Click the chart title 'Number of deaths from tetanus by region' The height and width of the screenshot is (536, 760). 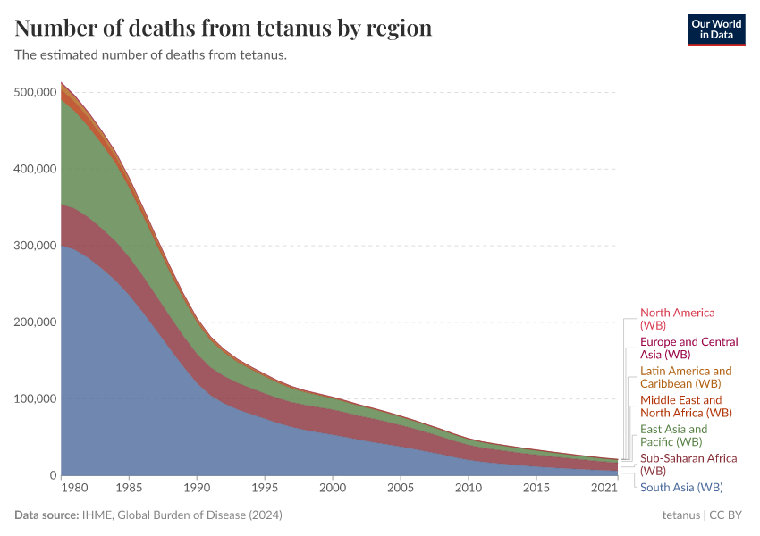(x=224, y=29)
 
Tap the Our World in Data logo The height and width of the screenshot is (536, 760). (x=715, y=29)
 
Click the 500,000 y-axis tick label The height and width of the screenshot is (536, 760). (x=36, y=92)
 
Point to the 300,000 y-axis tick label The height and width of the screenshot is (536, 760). (x=36, y=246)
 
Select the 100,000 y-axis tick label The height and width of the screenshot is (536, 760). (x=36, y=398)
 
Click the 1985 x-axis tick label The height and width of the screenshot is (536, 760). (x=129, y=489)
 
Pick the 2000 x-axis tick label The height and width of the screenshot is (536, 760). (x=332, y=489)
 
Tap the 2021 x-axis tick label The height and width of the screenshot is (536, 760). (x=605, y=489)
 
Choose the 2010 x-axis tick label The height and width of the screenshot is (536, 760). (x=468, y=489)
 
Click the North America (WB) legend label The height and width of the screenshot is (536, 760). (x=677, y=319)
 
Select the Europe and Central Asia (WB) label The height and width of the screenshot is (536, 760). (x=688, y=348)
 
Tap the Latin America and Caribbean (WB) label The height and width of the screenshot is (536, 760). (x=685, y=377)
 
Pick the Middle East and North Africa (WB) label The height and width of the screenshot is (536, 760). (x=685, y=406)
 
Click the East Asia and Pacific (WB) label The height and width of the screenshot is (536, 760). (x=673, y=435)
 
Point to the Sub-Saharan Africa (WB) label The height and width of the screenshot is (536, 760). (x=688, y=465)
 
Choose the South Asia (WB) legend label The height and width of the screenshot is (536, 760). (x=681, y=487)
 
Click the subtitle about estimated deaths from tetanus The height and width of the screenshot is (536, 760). (x=150, y=55)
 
